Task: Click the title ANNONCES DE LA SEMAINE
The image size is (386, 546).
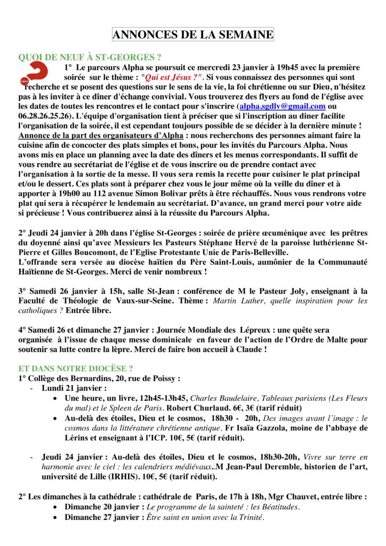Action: point(192,35)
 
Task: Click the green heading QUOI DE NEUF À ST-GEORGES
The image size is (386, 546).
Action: point(90,57)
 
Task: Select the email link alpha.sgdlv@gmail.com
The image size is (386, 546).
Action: point(282,106)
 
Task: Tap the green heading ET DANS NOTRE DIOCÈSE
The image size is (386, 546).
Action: point(76,368)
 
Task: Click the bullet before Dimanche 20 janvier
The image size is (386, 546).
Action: point(56,507)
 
